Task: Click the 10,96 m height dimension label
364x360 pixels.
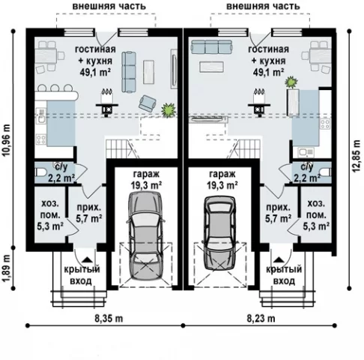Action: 7,139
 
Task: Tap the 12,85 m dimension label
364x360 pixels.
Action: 357,155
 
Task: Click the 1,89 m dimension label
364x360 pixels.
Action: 7,268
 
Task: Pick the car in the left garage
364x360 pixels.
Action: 146,235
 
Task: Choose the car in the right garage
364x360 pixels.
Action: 220,232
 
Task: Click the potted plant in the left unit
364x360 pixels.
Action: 169,109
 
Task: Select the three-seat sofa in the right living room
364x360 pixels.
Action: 212,47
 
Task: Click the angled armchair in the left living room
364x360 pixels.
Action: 148,103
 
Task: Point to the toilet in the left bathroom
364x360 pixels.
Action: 40,172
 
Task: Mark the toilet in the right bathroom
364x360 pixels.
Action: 326,172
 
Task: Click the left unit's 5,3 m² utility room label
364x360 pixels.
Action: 50,214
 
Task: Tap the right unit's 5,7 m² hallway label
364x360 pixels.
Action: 278,213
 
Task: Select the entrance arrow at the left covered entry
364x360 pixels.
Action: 87,259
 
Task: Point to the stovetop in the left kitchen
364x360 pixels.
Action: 41,139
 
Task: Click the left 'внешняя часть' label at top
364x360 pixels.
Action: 109,6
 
